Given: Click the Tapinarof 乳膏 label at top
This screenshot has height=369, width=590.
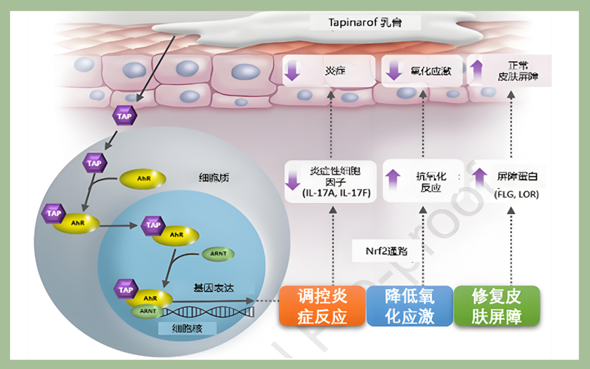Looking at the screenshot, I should click(365, 22).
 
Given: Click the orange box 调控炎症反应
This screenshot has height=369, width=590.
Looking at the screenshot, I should click(322, 306).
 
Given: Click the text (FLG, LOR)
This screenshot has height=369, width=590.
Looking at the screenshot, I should click(516, 194).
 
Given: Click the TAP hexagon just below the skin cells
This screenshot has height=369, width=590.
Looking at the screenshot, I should click(124, 116).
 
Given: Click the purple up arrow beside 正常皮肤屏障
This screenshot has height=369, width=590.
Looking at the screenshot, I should click(476, 71).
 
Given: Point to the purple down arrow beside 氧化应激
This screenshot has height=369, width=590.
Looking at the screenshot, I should click(393, 71).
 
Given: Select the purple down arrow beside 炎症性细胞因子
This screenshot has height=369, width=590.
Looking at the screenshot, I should click(292, 181).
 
